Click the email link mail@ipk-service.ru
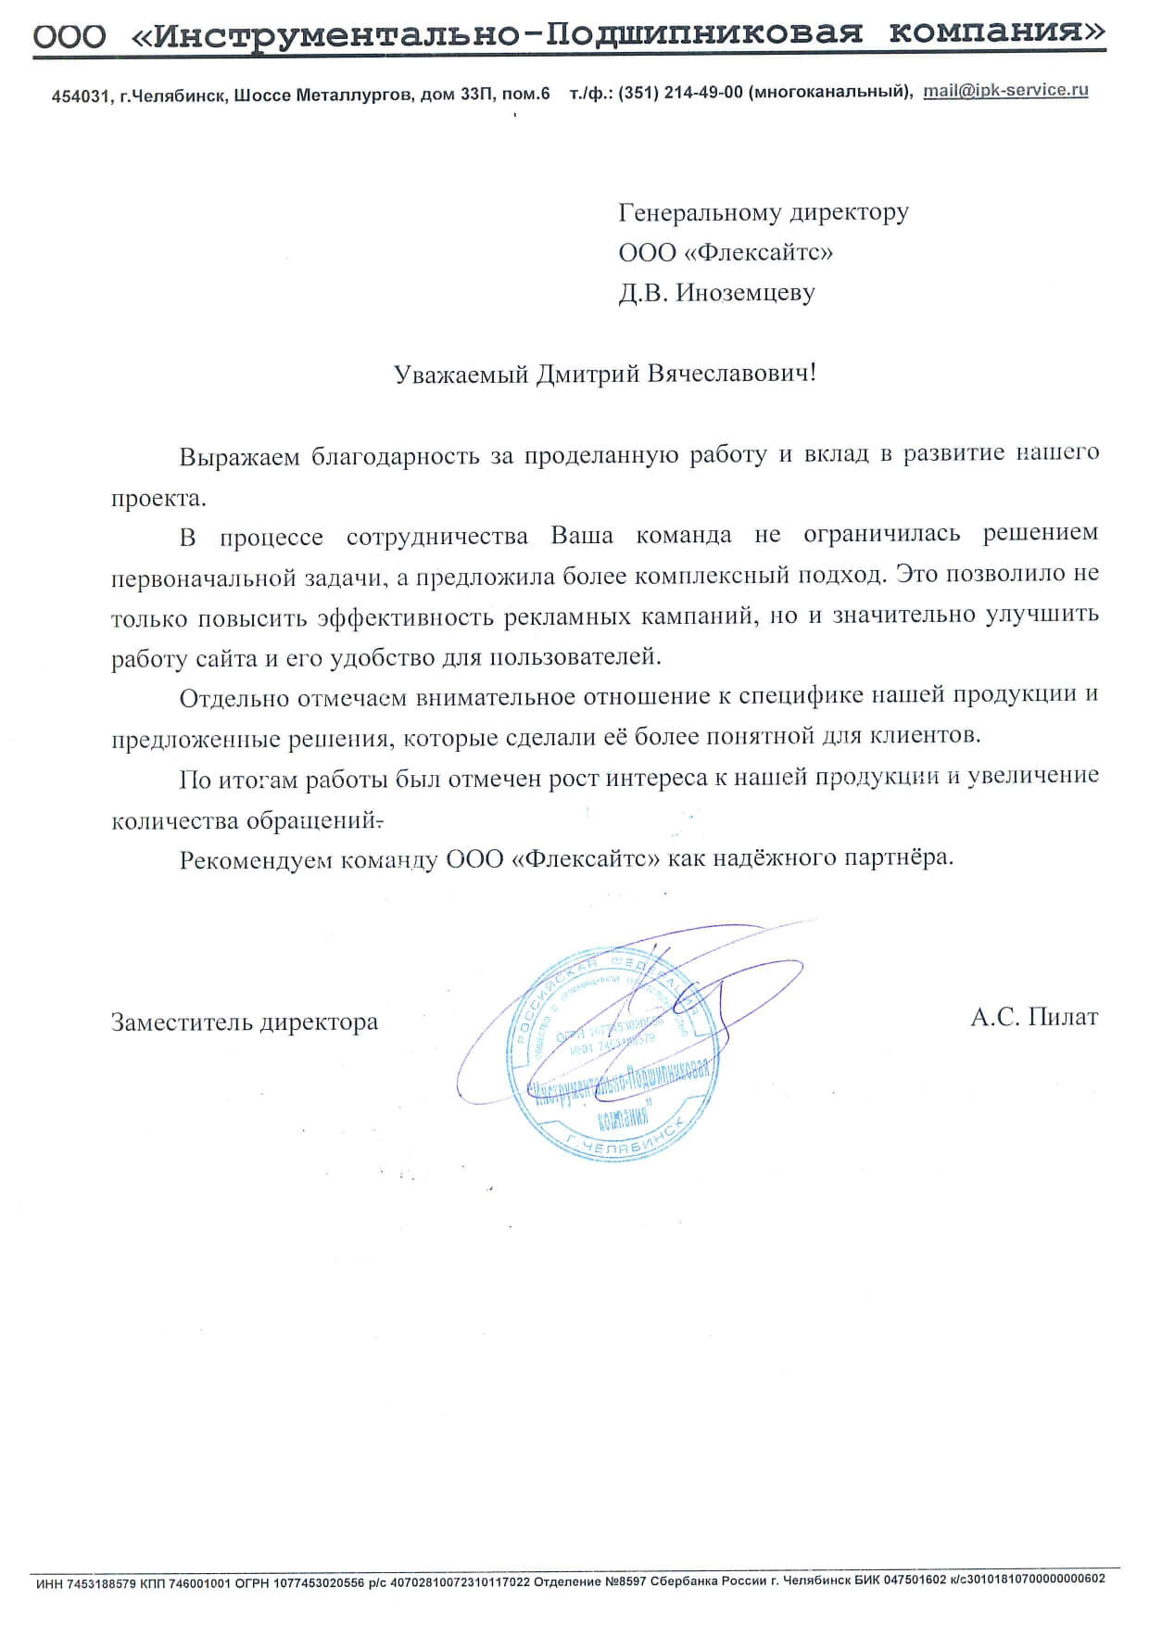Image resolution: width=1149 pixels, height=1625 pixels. pyautogui.click(x=1005, y=91)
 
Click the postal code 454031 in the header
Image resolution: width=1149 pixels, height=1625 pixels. pyautogui.click(x=82, y=96)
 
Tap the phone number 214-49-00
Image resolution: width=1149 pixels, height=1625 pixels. pyautogui.click(x=703, y=94)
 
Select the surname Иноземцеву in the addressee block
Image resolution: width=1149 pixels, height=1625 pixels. pyautogui.click(x=745, y=293)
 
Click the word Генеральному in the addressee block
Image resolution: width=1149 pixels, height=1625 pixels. pyautogui.click(x=701, y=213)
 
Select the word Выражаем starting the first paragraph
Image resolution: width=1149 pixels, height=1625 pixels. pyautogui.click(x=239, y=457)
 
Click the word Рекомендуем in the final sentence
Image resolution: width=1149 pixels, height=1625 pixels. pyautogui.click(x=255, y=859)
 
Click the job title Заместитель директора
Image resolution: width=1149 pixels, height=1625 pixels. pyautogui.click(x=245, y=1022)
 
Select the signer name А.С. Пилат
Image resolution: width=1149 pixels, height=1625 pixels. pyautogui.click(x=1034, y=1018)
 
